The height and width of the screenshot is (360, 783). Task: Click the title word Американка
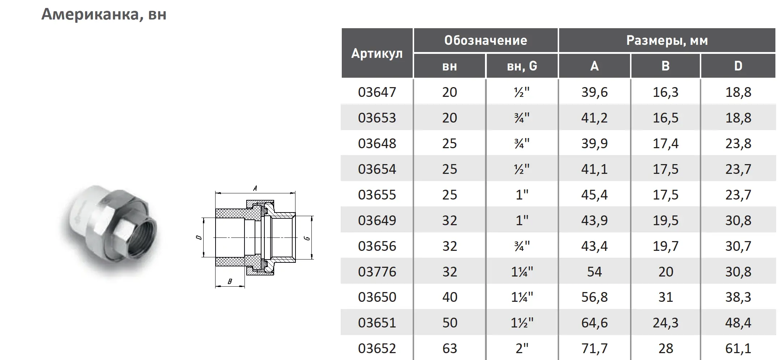coord(89,14)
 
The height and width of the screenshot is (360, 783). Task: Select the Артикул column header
coord(377,53)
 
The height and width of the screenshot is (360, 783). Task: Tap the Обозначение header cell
coord(485,40)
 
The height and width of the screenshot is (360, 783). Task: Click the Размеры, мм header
coord(667,40)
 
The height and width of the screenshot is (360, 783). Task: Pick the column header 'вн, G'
coord(522,66)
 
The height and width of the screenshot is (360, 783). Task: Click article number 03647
coord(377,92)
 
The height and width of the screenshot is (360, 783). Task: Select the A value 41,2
coord(594,118)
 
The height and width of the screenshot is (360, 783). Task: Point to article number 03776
coord(377,271)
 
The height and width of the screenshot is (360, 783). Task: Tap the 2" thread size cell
coord(522,348)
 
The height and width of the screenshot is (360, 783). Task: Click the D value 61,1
coord(738,348)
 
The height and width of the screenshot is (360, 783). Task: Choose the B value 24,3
coord(665,323)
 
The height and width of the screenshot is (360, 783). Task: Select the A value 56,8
coord(594,297)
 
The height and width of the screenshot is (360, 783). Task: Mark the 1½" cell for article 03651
coord(522,323)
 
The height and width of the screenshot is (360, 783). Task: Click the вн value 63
coord(450,348)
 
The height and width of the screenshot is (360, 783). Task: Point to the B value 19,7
coord(665,246)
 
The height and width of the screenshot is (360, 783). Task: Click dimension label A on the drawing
coord(255,188)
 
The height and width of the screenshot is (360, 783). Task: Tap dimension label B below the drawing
coord(230,282)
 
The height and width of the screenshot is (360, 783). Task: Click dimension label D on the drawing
coord(198,237)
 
